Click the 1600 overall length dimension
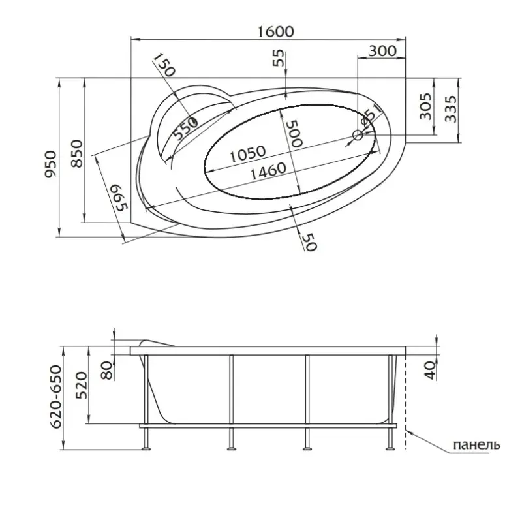[276, 31]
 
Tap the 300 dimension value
[382, 51]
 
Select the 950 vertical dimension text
[51, 164]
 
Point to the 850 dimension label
[76, 153]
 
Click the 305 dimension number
[425, 106]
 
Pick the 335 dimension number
[451, 109]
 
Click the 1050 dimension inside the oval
[248, 153]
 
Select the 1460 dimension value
[268, 171]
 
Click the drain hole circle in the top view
[358, 135]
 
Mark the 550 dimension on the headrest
[185, 129]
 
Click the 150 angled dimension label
[164, 65]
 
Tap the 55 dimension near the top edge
[279, 57]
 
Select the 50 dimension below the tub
[309, 241]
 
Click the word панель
[476, 444]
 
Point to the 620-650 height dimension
[55, 397]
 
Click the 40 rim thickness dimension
[430, 371]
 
